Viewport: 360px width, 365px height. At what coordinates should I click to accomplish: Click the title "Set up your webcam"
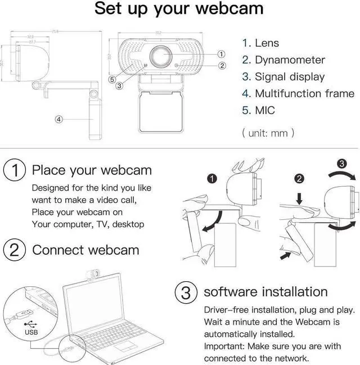[178, 10]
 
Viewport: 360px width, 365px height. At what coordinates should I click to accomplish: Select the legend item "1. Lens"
[260, 43]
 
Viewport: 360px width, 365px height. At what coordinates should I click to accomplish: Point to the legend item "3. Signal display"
[283, 77]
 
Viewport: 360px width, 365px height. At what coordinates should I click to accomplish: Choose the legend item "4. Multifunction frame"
[298, 94]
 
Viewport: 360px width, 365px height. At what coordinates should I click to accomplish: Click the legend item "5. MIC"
[258, 110]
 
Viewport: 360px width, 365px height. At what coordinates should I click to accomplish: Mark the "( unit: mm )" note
[268, 133]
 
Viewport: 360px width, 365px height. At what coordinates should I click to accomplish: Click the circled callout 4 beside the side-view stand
[58, 119]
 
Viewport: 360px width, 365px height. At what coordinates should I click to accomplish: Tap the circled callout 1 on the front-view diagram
[221, 54]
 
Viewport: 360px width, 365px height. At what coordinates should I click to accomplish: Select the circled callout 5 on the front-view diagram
[112, 80]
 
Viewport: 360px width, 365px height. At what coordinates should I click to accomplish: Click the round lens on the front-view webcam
[161, 57]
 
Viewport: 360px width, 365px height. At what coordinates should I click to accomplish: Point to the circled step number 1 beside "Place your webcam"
[15, 170]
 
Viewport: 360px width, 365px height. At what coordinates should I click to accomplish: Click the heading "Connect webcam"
[85, 250]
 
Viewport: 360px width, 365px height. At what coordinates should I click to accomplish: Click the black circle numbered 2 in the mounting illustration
[300, 179]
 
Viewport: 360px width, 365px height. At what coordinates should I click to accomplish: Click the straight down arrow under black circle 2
[299, 199]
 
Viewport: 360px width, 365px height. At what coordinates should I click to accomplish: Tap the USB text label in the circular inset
[31, 332]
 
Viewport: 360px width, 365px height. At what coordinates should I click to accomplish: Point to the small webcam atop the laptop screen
[94, 274]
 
